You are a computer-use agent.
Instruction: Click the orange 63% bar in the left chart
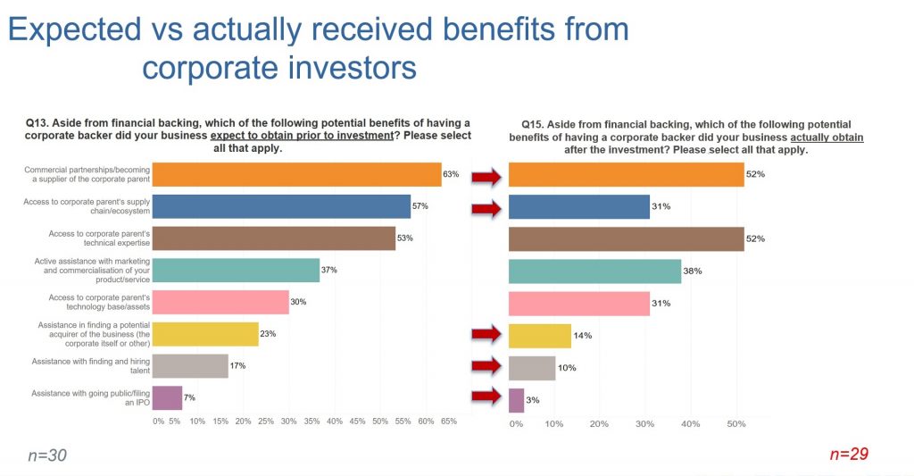pos(296,174)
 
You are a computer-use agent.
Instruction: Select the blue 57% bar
pos(281,206)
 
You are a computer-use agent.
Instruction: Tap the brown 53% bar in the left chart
pos(273,238)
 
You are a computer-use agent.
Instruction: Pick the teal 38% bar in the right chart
pos(594,271)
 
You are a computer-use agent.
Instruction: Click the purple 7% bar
pos(167,397)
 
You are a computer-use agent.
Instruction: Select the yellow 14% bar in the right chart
pos(539,336)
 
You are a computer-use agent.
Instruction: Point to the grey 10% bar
pos(532,368)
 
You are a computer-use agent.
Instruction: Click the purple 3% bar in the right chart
pos(516,400)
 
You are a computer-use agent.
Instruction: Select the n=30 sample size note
pos(47,455)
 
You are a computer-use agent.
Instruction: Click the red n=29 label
pos(849,455)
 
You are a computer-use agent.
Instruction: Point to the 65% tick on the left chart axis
pos(448,420)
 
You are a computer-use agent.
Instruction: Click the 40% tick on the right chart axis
pos(691,423)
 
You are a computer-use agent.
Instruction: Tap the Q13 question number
pos(39,122)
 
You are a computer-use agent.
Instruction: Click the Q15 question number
pos(533,124)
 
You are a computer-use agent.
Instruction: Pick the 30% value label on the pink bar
pos(298,302)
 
